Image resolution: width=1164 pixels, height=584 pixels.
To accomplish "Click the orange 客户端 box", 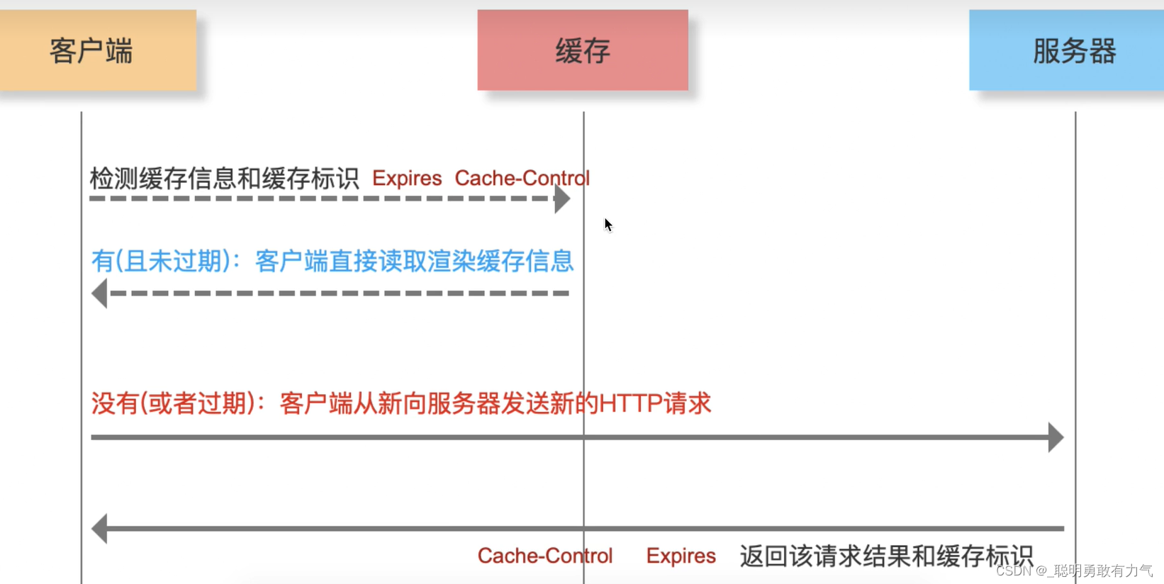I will coord(98,50).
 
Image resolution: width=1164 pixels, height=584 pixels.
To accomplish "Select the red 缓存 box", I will coord(583,50).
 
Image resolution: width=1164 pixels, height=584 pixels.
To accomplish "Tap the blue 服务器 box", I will coord(1066,50).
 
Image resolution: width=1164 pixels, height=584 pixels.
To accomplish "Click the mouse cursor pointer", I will coord(608,225).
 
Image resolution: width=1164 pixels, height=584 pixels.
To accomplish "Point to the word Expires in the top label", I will coord(407,179).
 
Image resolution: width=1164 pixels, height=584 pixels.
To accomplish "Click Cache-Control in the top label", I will coord(522,179).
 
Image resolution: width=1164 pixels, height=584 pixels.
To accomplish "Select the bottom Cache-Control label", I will coord(544,556).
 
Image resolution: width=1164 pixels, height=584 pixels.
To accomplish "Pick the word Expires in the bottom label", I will coord(681,556).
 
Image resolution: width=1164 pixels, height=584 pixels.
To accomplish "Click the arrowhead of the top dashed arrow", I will coord(562,199).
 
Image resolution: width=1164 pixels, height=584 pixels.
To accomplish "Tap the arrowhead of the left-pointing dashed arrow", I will coord(100,293).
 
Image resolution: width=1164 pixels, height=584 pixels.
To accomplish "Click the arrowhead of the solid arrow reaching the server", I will coord(1056,437).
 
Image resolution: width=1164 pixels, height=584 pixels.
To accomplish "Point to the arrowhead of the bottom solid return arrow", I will coord(100,529).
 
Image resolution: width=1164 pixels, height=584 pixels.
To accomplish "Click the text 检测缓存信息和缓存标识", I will coord(224,179).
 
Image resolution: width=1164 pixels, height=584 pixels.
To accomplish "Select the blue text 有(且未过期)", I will coord(161,262).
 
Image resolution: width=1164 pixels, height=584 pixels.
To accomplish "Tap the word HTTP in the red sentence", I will coord(630,404).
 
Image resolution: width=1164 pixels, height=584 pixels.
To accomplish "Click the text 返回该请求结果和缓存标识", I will coord(886,556).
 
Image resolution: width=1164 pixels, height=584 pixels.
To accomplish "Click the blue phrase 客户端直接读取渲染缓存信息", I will coord(414,262).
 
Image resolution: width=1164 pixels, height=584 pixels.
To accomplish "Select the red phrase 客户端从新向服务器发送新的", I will coord(439,404).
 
